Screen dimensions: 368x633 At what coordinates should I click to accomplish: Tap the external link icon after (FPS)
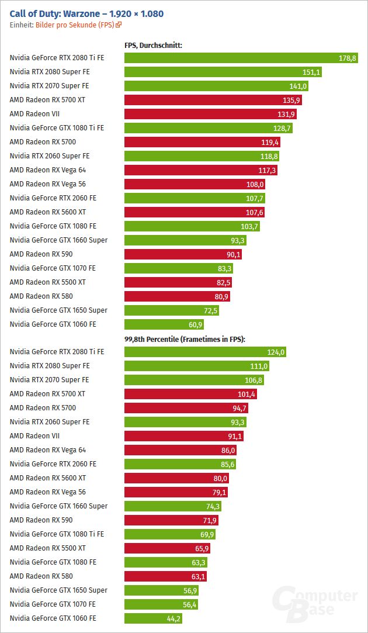[x=119, y=25]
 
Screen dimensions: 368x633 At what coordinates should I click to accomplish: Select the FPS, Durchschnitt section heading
[x=153, y=46]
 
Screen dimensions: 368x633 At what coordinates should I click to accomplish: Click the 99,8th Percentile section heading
[x=185, y=340]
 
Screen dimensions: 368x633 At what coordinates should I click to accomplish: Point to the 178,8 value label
[x=347, y=58]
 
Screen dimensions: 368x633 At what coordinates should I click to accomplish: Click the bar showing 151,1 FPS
[x=223, y=72]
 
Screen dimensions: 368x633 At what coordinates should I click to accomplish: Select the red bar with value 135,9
[x=213, y=100]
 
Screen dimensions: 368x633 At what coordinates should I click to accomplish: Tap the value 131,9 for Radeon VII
[x=286, y=114]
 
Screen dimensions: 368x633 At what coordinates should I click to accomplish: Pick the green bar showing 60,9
[x=164, y=324]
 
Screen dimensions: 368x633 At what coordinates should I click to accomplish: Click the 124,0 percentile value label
[x=276, y=352]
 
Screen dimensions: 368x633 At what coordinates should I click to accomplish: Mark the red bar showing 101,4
[x=190, y=394]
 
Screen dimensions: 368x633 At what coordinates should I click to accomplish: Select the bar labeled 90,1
[x=183, y=254]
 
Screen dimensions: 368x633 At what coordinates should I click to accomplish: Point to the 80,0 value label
[x=220, y=478]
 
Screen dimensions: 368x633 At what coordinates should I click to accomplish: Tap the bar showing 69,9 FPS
[x=170, y=534]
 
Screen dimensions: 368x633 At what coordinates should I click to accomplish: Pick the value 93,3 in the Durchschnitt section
[x=237, y=240]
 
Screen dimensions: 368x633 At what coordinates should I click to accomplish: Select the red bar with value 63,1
[x=165, y=576]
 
